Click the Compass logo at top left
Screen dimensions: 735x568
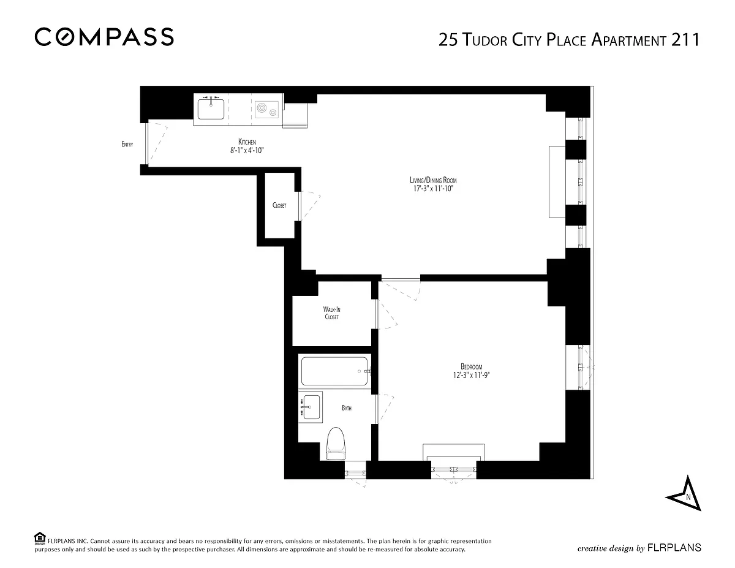point(104,37)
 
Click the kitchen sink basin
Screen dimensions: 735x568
point(211,109)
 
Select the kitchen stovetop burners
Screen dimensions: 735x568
point(266,110)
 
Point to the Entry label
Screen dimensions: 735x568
point(127,145)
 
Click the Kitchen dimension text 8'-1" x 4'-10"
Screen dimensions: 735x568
point(247,151)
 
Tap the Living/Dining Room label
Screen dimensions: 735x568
point(433,180)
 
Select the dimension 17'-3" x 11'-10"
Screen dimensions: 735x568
point(433,189)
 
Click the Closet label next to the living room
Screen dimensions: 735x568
point(279,205)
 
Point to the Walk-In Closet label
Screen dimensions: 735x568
point(332,313)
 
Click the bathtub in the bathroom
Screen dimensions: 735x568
point(334,371)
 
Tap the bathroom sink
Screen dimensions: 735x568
point(311,407)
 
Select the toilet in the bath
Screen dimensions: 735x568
point(336,444)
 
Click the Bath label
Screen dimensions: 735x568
point(347,408)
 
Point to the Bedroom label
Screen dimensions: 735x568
point(472,366)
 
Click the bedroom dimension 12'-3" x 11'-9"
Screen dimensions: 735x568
point(472,375)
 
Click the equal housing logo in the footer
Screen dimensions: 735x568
point(40,539)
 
